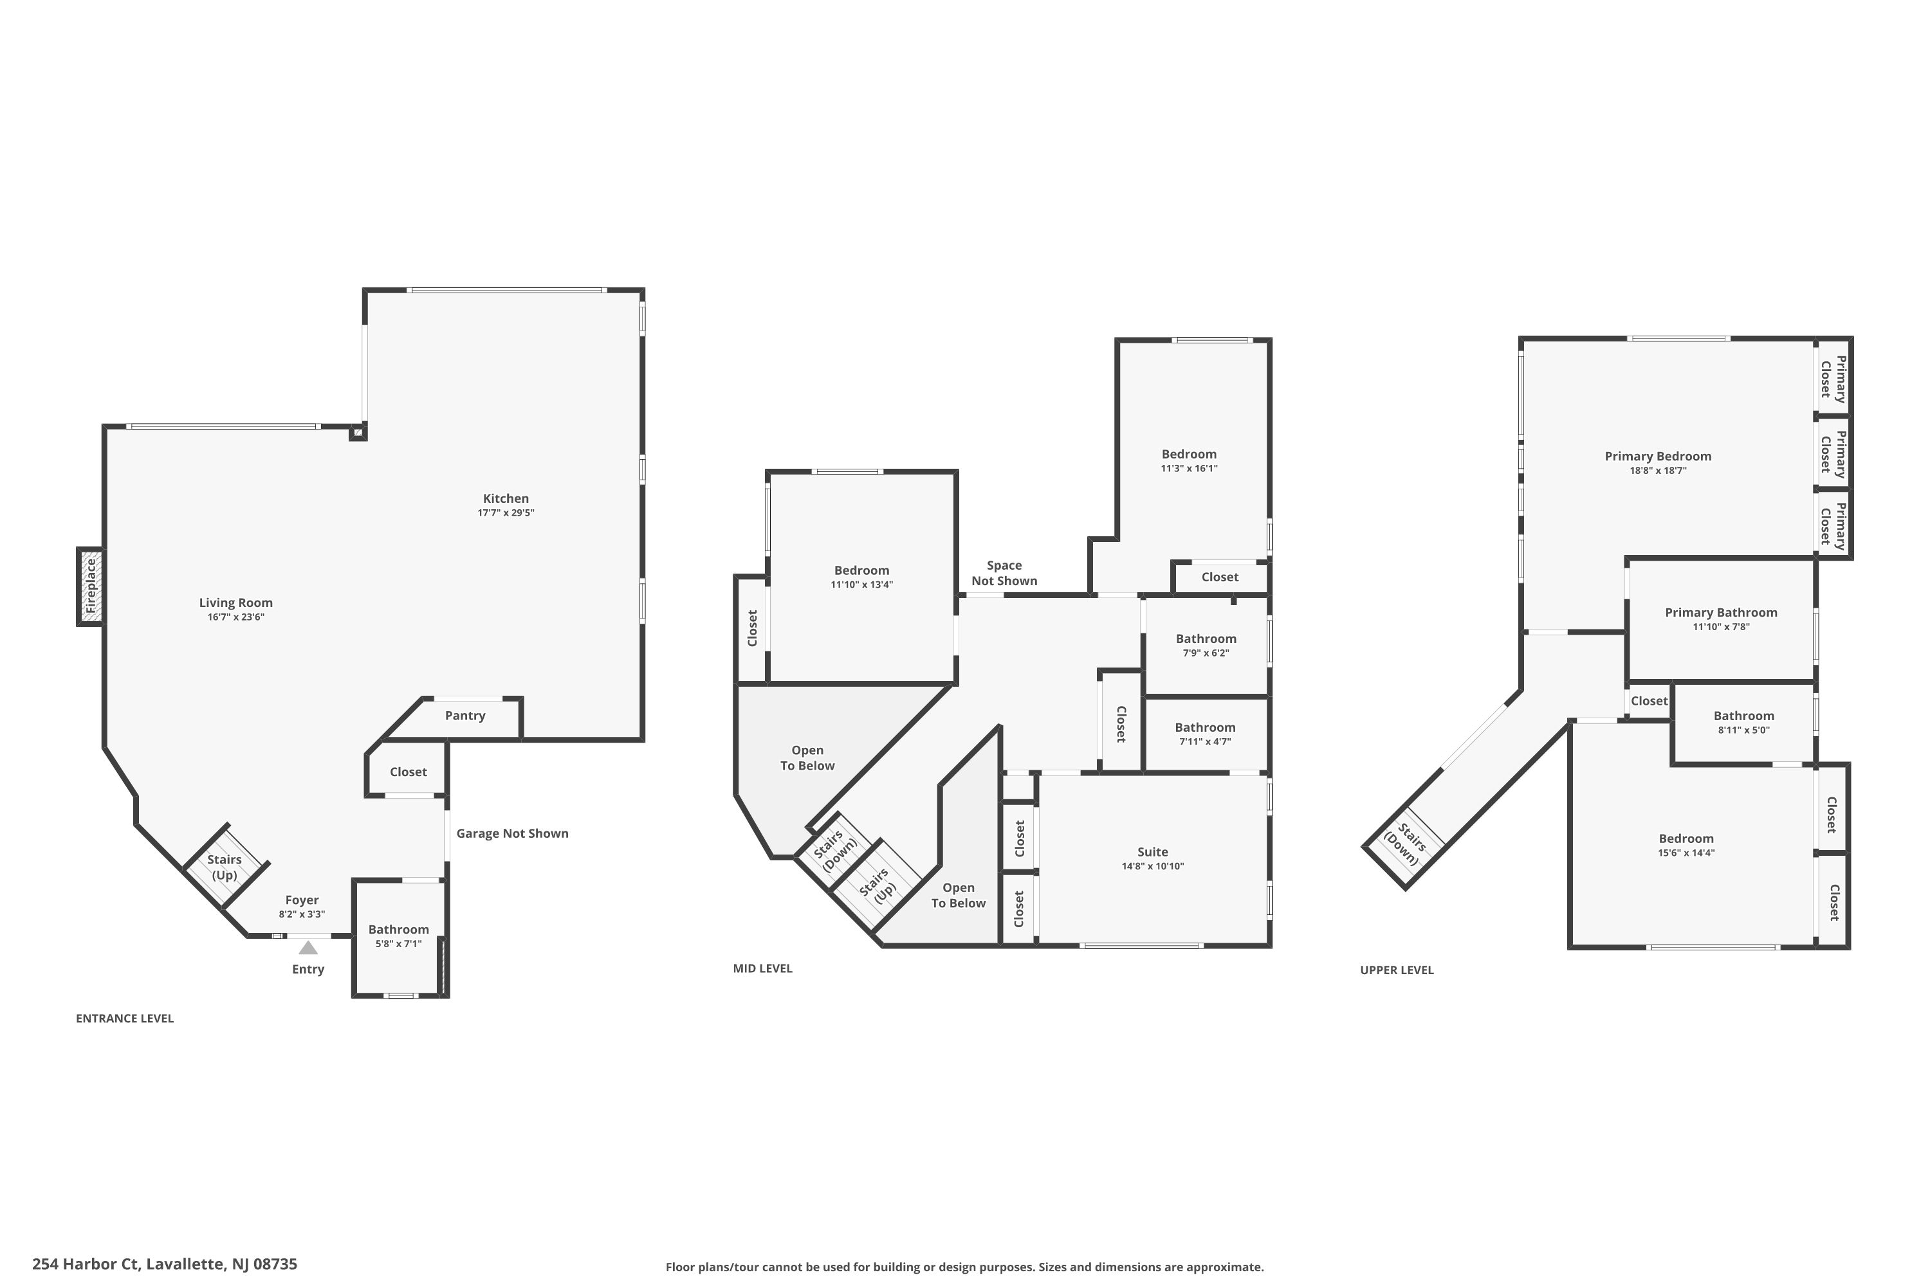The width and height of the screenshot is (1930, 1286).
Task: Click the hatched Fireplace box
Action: coord(90,586)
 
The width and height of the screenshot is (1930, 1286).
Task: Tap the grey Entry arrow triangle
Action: coord(308,948)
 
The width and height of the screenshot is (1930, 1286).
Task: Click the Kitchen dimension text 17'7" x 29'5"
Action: coord(506,512)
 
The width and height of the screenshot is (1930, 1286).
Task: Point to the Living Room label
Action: coord(235,603)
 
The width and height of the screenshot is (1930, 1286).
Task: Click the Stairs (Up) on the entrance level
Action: coord(224,867)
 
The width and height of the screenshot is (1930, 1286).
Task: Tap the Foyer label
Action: coord(302,900)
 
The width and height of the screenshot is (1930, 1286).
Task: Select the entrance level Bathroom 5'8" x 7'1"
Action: coord(399,936)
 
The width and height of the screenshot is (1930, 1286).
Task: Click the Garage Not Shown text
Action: coord(512,833)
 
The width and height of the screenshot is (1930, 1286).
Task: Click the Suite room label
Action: coord(1152,852)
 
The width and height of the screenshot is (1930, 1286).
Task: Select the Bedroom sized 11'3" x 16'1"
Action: coord(1189,460)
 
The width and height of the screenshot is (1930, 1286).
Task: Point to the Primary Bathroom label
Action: coord(1721,613)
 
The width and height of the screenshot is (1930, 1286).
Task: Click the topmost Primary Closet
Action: coord(1833,379)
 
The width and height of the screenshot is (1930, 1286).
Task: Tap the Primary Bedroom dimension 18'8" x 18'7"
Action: coord(1658,471)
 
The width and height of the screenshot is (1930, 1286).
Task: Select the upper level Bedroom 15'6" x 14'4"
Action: coord(1686,845)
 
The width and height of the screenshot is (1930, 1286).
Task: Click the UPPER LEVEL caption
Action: coord(1397,970)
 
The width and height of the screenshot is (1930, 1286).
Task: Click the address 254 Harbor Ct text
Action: coord(164,1264)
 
